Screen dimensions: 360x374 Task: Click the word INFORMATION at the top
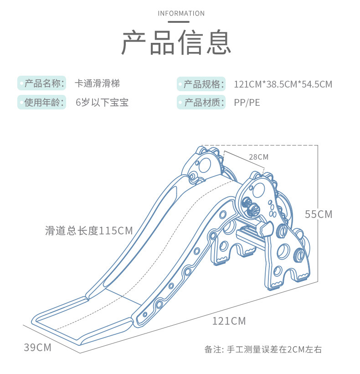pos(181,13)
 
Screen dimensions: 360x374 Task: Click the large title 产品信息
pos(176,42)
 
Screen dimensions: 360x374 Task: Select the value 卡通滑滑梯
pos(97,83)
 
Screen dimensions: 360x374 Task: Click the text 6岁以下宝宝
pos(102,103)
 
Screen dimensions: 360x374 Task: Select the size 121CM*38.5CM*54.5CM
pos(283,84)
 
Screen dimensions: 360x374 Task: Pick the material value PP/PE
pos(247,103)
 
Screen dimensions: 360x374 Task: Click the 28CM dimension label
pos(259,157)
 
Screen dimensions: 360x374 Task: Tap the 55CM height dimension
pos(319,214)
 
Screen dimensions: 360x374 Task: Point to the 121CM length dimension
pos(229,321)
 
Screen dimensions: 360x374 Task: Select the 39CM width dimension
pos(38,347)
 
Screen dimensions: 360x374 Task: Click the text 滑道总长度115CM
pos(89,231)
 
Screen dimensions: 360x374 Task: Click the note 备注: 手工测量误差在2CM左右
pos(263,349)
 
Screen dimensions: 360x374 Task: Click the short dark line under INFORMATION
pos(179,22)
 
